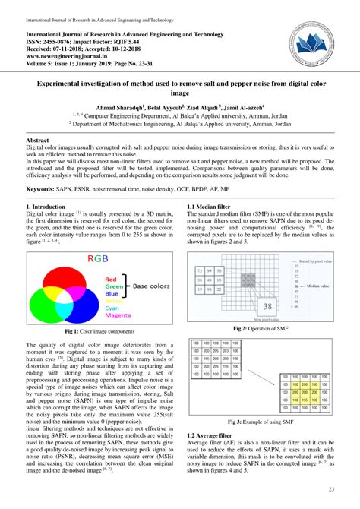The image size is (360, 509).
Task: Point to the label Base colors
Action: (151, 286)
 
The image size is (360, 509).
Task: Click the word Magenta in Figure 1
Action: (118, 316)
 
